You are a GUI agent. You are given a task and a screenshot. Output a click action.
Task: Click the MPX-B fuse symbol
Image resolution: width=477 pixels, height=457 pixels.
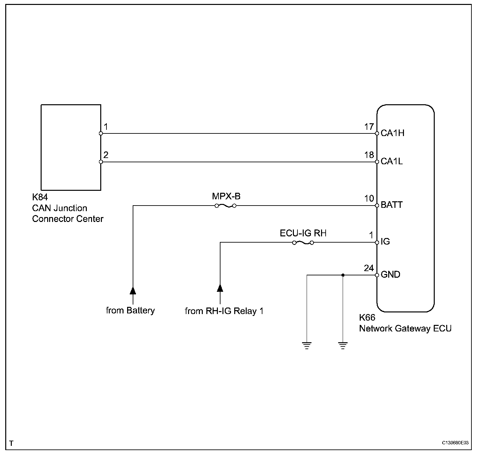(225, 206)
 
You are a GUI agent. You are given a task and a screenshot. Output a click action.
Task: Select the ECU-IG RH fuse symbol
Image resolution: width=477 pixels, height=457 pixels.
(303, 243)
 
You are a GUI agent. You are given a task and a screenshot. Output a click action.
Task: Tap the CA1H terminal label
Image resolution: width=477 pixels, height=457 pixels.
(392, 133)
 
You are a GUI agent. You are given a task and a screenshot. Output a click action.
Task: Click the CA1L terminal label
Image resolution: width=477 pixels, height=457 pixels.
(391, 161)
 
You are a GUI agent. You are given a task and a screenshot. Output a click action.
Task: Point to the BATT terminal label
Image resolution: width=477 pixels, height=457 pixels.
(391, 205)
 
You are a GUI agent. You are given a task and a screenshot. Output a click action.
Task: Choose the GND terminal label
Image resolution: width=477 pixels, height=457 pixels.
(390, 274)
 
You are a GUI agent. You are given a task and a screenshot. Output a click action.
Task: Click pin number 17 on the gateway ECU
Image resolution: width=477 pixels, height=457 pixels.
(369, 127)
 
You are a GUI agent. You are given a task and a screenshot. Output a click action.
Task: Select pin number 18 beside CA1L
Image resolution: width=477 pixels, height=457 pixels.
(369, 155)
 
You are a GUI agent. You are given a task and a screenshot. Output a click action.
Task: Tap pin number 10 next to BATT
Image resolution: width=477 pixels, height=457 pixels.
(369, 198)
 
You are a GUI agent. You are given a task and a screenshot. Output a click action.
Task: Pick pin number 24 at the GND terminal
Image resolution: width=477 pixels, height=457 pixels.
(369, 268)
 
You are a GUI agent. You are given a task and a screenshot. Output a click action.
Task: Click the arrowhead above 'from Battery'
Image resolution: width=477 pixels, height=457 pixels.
(133, 290)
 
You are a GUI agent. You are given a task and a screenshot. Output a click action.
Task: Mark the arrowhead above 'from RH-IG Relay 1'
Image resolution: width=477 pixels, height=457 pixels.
(220, 288)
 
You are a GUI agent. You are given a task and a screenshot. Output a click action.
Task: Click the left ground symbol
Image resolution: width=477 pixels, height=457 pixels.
(307, 346)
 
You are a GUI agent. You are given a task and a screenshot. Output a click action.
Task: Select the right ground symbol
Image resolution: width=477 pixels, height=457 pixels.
(343, 346)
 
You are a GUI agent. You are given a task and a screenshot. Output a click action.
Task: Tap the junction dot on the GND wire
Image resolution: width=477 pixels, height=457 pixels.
(343, 275)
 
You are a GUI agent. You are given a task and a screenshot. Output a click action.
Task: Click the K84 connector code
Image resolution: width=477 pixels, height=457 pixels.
(40, 197)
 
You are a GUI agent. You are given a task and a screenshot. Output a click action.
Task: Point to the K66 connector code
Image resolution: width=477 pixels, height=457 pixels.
(367, 317)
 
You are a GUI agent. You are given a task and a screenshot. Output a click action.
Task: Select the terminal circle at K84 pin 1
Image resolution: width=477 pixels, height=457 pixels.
(101, 133)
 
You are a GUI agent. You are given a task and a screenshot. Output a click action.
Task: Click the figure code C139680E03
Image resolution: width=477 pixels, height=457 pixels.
(455, 443)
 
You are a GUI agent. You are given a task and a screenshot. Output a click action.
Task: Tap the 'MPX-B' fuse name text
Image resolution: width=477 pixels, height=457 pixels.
(226, 196)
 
